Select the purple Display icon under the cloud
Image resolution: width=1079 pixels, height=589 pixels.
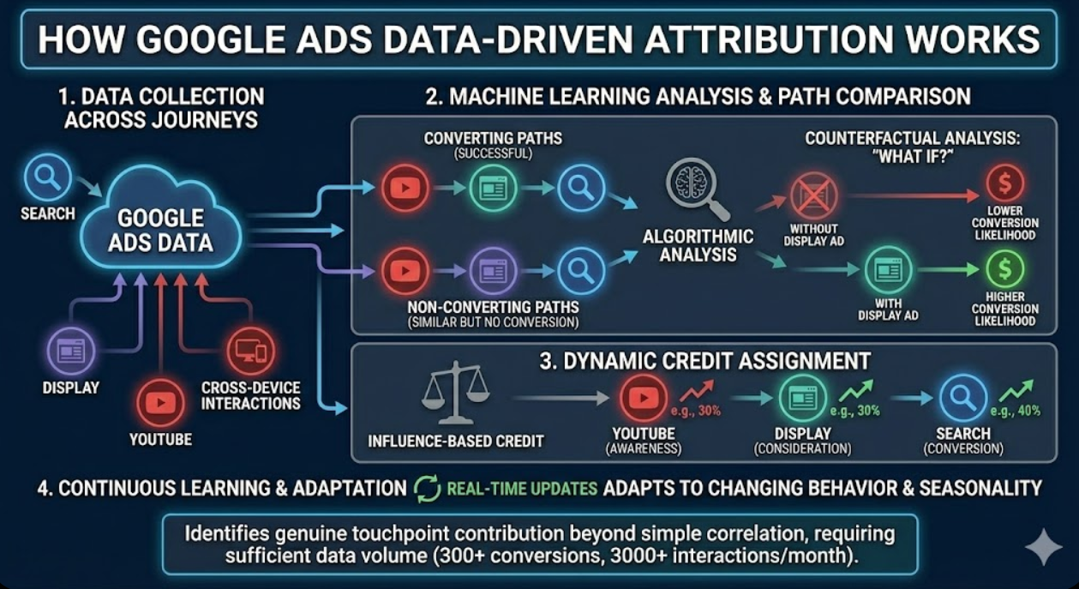click(66, 350)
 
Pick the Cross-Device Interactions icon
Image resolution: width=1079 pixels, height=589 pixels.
click(250, 352)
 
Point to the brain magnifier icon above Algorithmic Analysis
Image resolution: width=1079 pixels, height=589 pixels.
click(695, 189)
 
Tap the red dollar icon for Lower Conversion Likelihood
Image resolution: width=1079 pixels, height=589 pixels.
click(1004, 183)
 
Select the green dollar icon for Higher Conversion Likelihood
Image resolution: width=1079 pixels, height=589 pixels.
click(1004, 268)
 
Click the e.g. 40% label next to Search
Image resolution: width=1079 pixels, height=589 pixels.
click(1020, 411)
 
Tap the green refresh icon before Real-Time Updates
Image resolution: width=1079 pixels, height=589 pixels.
click(427, 488)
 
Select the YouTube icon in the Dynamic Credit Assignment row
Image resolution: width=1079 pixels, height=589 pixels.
click(643, 398)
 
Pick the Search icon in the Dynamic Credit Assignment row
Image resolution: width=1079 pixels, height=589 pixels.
click(962, 399)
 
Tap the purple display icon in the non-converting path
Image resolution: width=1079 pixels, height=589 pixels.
click(493, 271)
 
